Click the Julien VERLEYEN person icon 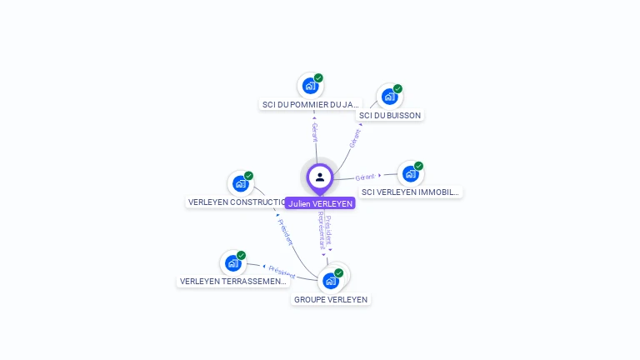click(320, 177)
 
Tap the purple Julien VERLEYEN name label click(320, 203)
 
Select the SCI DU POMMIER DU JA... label click(310, 105)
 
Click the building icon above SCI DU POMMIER click(310, 85)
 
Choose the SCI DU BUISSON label click(390, 115)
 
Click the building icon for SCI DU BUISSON click(389, 96)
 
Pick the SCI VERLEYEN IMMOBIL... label click(410, 192)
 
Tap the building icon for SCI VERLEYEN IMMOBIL click(410, 173)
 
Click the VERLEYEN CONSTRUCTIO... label click(237, 202)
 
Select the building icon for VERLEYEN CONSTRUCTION click(241, 183)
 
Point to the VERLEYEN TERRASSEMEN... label click(233, 282)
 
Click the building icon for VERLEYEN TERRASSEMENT click(233, 262)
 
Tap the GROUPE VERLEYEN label click(330, 299)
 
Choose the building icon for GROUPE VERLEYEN click(331, 280)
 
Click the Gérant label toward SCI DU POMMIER click(314, 132)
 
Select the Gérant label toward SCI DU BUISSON click(355, 137)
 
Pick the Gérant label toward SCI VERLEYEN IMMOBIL click(365, 177)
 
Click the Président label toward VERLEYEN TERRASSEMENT click(282, 272)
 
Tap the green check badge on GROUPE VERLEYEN click(339, 272)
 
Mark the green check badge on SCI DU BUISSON click(397, 88)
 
